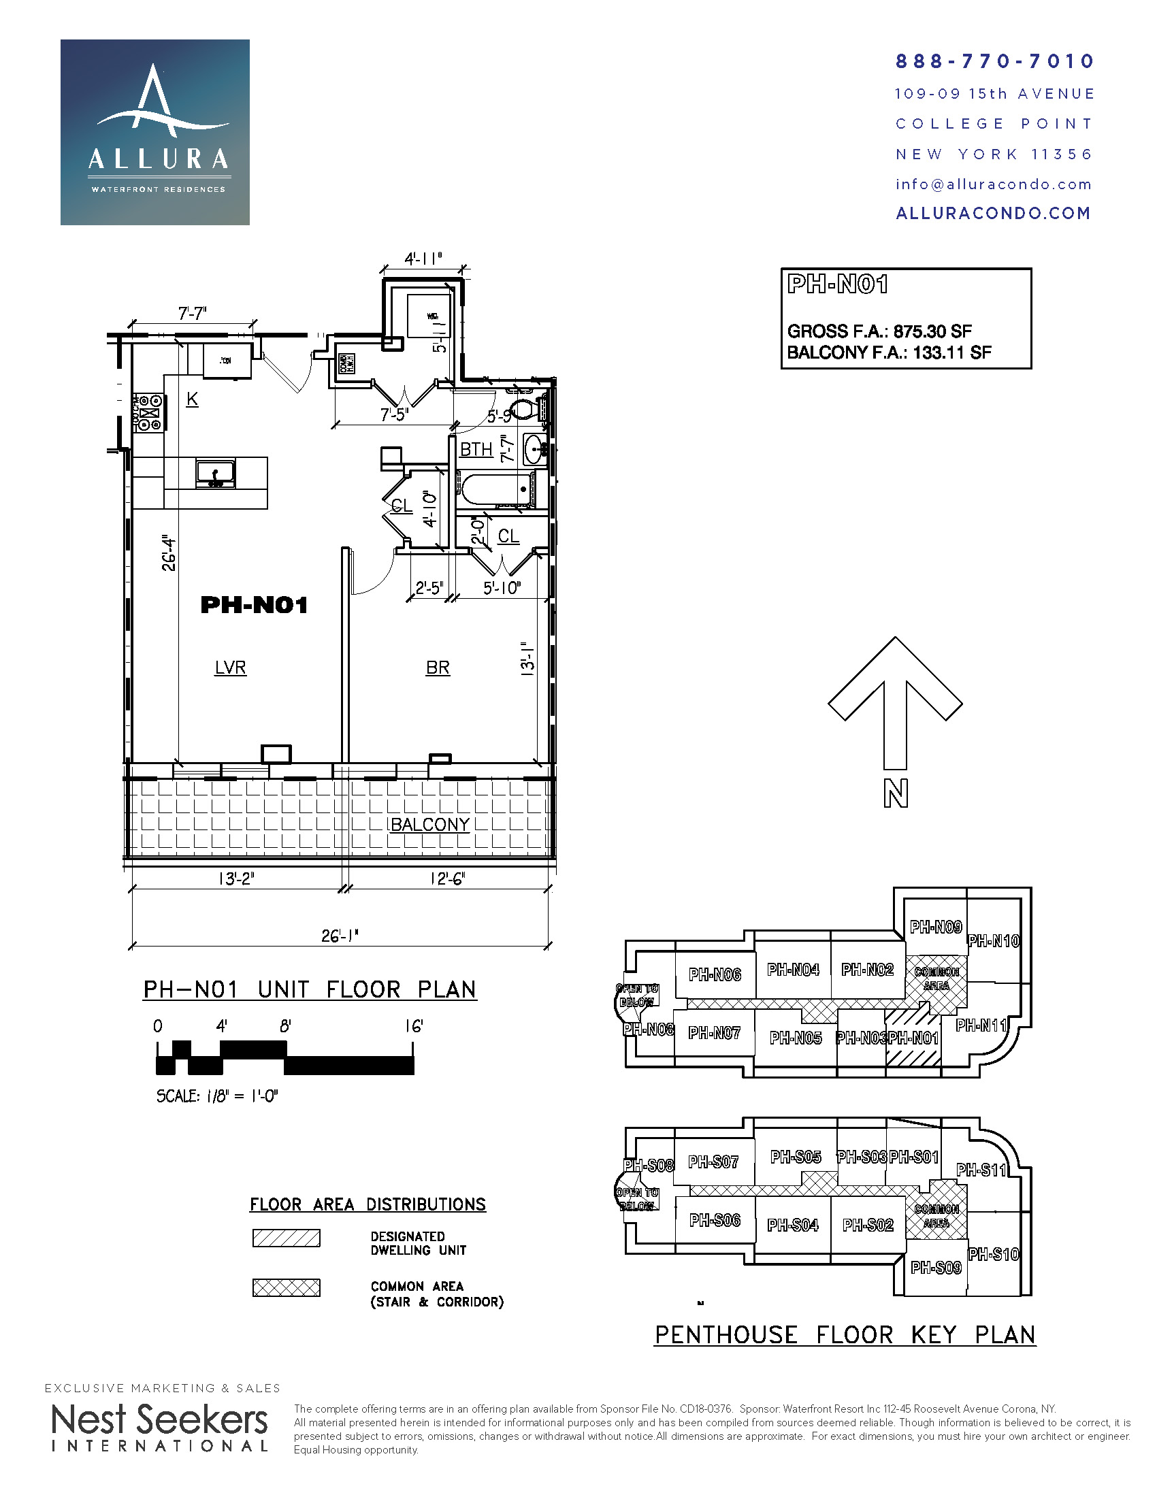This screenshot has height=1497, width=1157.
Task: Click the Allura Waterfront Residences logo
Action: tap(155, 132)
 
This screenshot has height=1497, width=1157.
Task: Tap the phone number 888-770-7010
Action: tap(994, 62)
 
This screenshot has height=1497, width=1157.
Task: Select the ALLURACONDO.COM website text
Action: tap(993, 213)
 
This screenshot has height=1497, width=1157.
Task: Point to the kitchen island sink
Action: tap(215, 473)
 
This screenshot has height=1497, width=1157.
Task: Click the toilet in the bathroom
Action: tap(525, 409)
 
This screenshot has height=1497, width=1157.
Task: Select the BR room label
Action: tap(438, 667)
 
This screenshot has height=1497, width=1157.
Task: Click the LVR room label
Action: tap(230, 667)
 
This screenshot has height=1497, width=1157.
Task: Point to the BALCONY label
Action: tap(429, 824)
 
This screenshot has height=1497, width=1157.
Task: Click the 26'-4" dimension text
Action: tap(169, 553)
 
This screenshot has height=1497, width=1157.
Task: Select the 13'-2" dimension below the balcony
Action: tap(236, 878)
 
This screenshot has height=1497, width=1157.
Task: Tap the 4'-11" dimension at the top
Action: tap(423, 259)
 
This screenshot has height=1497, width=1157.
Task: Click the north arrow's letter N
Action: tap(895, 793)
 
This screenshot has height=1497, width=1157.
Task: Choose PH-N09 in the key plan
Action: tap(936, 927)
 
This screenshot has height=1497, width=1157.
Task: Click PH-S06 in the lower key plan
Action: tap(714, 1220)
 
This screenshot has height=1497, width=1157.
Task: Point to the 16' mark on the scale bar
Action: tap(413, 1026)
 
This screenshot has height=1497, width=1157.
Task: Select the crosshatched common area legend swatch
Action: tap(286, 1287)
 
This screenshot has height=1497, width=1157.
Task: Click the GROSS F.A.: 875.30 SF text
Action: tap(879, 332)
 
